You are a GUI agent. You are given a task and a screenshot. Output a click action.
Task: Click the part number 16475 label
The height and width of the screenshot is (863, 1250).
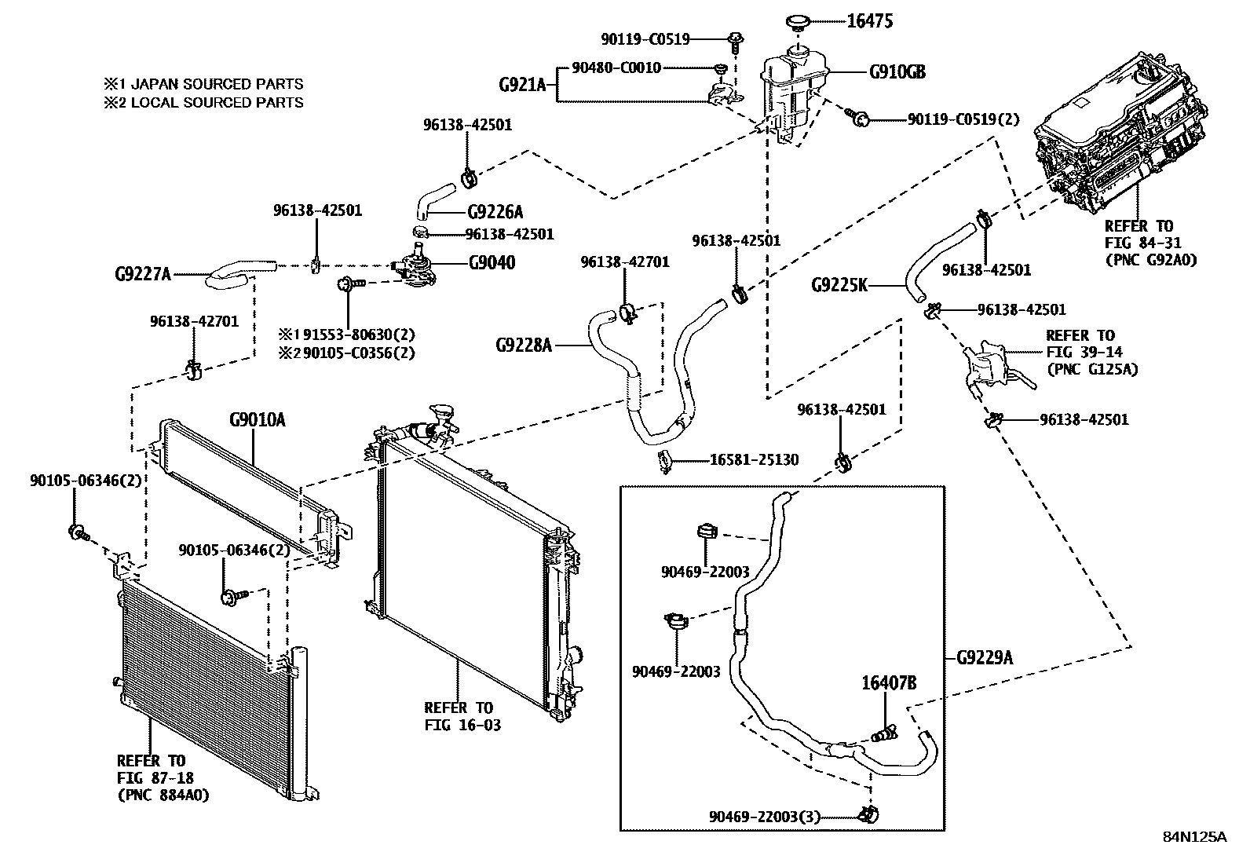point(870,20)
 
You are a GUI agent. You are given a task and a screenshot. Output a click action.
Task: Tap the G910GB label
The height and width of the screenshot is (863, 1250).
point(897,72)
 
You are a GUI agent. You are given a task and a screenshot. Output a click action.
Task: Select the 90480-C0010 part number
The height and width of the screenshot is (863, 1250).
point(616,68)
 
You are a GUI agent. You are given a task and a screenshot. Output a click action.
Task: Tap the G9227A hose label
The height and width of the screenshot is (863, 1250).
point(142,274)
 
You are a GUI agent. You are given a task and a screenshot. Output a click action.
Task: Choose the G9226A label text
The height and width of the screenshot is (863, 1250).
point(495,212)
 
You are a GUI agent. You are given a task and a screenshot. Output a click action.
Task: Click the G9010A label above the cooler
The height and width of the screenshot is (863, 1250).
point(257,420)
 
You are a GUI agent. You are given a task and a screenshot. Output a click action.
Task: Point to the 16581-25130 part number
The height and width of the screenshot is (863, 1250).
point(754,459)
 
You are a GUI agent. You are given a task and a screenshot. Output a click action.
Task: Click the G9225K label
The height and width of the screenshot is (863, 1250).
point(839,285)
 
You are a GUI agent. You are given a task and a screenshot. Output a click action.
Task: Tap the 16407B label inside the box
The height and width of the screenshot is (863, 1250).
point(890,682)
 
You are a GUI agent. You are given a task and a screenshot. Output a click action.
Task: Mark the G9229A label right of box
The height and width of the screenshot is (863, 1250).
point(985,657)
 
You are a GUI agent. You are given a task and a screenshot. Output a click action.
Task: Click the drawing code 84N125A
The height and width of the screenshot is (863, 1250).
point(1194,836)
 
